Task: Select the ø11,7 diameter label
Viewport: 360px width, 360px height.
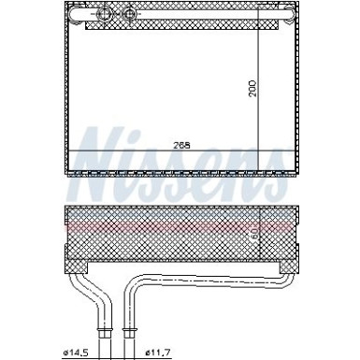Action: click(160, 352)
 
